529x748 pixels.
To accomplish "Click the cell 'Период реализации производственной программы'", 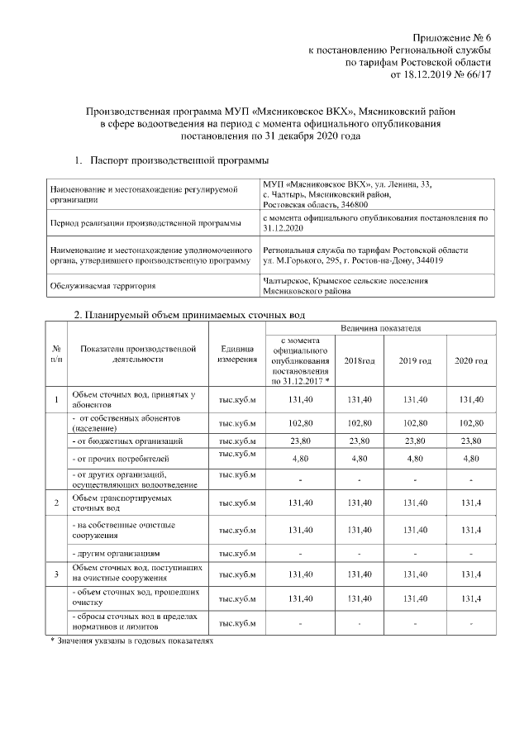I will click(x=146, y=222).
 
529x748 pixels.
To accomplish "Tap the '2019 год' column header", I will click(x=415, y=361).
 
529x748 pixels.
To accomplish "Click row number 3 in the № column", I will click(x=55, y=574).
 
